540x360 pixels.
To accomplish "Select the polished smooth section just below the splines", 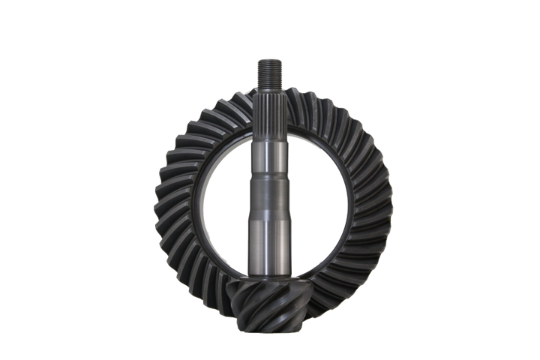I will coord(270,154).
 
